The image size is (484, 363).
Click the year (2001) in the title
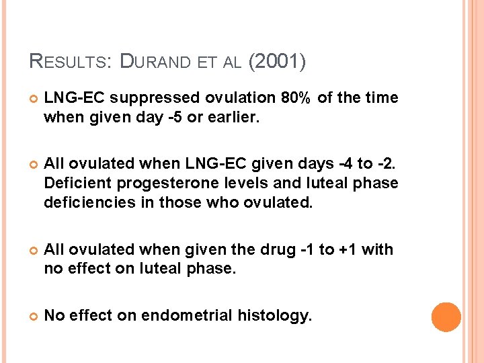(x=277, y=63)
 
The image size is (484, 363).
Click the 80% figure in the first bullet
(x=296, y=98)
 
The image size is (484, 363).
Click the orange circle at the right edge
(x=446, y=317)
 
